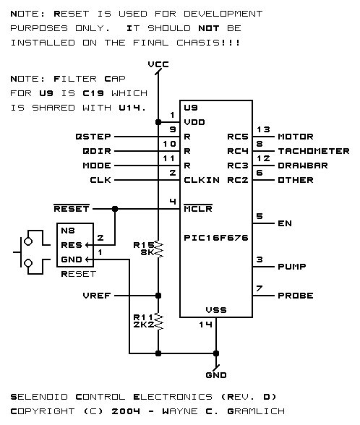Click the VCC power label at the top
[158, 64]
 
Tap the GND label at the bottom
[216, 375]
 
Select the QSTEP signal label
[93, 137]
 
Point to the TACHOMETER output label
[314, 151]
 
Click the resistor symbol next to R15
[158, 249]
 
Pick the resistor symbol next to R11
[158, 321]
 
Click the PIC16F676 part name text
[216, 238]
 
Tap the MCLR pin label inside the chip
[198, 209]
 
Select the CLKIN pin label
[202, 180]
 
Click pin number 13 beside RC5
[263, 129]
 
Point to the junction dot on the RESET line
[115, 209]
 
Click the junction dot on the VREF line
[158, 296]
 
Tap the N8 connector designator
[68, 231]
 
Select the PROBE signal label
[296, 296]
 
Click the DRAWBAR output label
[303, 166]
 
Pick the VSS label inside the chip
[216, 310]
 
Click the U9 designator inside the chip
[191, 108]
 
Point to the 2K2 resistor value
[144, 325]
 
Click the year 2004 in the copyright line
[126, 411]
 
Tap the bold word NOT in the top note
[209, 28]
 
